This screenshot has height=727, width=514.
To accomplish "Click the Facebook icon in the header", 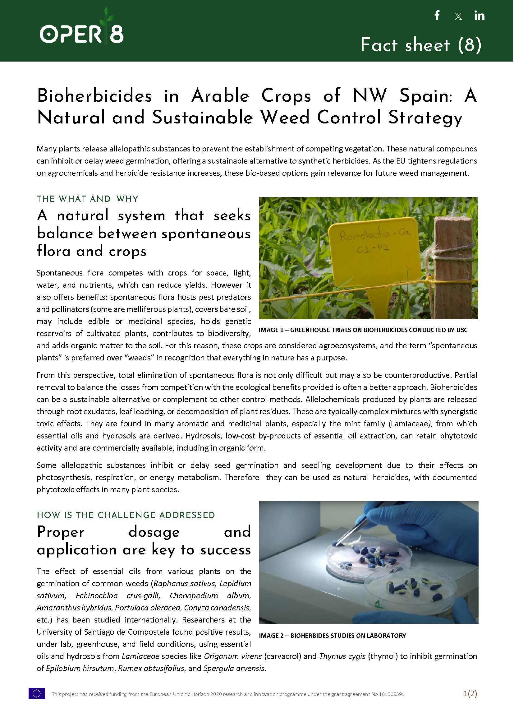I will coord(437,15).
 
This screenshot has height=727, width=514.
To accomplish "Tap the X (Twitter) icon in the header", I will coord(458,16).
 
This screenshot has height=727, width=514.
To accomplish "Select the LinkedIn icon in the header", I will coord(479,16).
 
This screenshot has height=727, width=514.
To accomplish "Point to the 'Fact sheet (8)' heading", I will coord(421,45).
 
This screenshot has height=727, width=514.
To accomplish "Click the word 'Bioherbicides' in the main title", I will coord(95,96).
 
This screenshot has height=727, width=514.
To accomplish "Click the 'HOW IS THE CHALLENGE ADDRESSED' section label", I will coord(126,515).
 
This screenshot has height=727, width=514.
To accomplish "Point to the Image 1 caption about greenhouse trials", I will coord(363,330).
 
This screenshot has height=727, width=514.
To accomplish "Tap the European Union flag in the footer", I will coord(37,693).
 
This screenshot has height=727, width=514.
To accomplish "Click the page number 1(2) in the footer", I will coord(470,693).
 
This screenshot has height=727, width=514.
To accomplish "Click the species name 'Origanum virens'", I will coord(233,656).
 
